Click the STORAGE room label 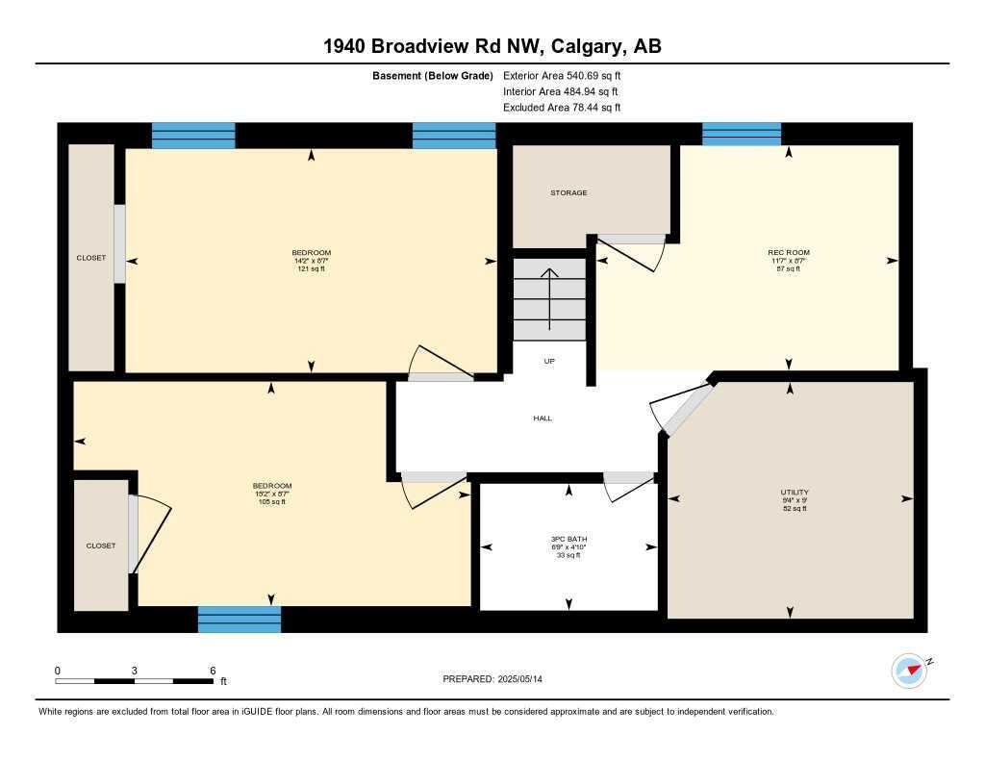(568, 193)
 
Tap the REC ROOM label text (789, 253)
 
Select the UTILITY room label (795, 493)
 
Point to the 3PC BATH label (568, 539)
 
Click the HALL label (543, 419)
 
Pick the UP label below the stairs (549, 362)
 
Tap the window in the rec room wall (741, 135)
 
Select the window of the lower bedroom (240, 619)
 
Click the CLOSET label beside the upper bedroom (91, 258)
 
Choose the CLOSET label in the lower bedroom (101, 545)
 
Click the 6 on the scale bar (213, 671)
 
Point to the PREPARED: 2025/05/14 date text (492, 679)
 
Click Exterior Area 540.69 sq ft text (568, 75)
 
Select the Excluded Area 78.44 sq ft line (562, 108)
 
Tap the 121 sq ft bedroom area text (311, 269)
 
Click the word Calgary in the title (585, 46)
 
